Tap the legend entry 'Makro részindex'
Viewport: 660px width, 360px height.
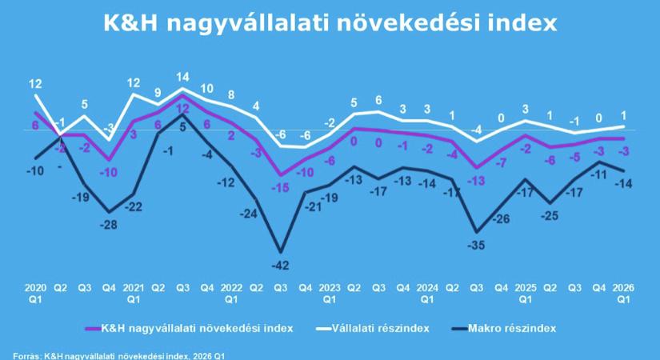click(x=513, y=327)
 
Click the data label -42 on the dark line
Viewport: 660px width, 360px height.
click(x=280, y=265)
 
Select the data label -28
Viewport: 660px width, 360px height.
click(x=109, y=225)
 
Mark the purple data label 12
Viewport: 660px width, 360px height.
click(x=182, y=108)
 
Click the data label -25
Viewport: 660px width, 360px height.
click(x=550, y=216)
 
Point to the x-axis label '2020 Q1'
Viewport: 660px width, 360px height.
click(x=35, y=292)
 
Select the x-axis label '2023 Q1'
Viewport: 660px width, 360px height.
click(x=329, y=292)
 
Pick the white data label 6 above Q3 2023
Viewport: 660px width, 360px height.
click(x=378, y=100)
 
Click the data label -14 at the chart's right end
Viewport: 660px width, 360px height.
click(x=622, y=184)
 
